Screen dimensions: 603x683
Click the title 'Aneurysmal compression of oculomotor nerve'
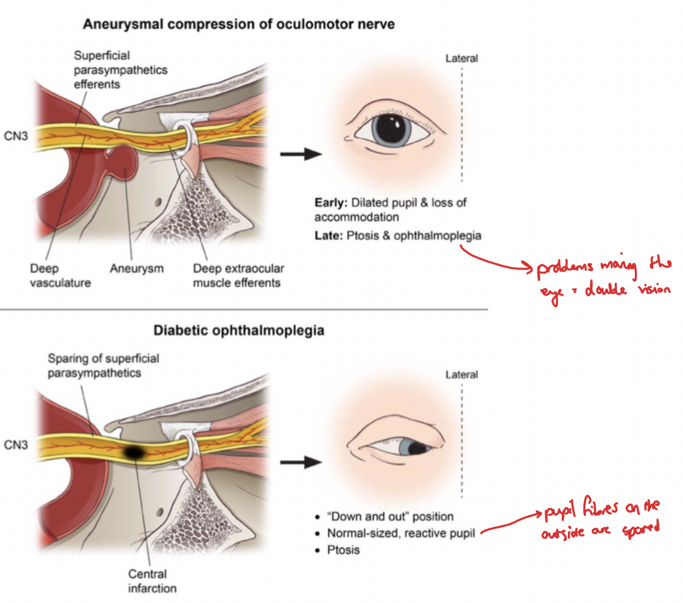click(x=239, y=24)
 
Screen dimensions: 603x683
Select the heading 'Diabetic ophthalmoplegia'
click(x=239, y=330)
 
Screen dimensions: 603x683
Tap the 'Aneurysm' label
click(x=137, y=268)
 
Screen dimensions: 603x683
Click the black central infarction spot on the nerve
click(x=134, y=452)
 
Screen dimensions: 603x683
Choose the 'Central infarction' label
click(x=152, y=581)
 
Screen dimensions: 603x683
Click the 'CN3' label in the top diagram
click(x=16, y=136)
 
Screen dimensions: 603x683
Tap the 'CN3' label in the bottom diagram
click(x=16, y=445)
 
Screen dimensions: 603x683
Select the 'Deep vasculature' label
click(x=60, y=276)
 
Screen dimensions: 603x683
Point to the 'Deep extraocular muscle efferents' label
click(x=238, y=276)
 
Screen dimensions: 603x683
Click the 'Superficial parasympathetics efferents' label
click(x=120, y=70)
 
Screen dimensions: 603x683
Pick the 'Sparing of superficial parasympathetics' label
click(x=103, y=366)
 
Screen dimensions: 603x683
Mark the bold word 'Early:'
click(x=331, y=203)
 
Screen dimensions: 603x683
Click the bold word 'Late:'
click(x=328, y=236)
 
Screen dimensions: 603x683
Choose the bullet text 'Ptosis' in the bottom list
click(x=344, y=550)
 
